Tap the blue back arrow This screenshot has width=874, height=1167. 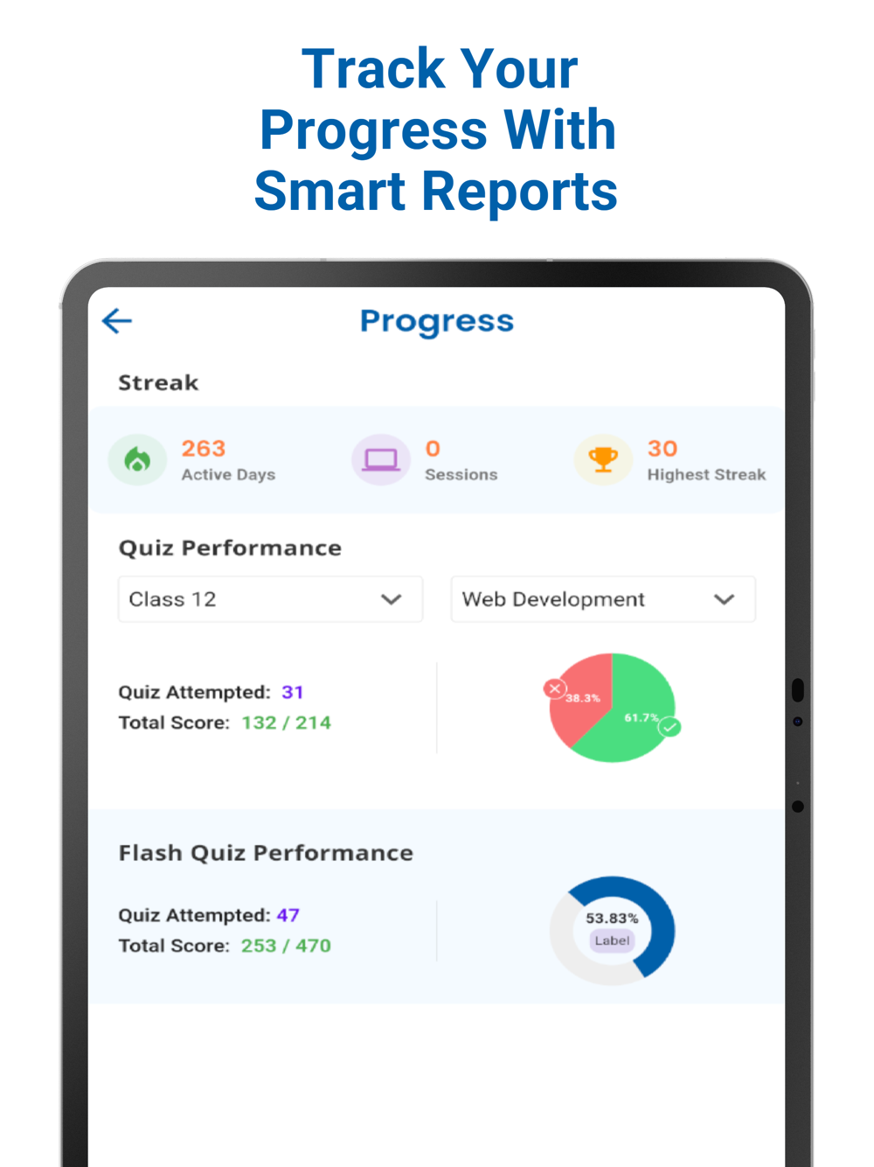coord(117,321)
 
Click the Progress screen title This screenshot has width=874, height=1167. coord(437,322)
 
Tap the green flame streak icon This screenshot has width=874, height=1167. coord(137,459)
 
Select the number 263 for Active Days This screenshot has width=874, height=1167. coord(204,449)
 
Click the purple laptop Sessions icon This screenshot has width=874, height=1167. coord(381,459)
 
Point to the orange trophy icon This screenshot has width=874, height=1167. coord(603,458)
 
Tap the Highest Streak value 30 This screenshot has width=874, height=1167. coord(662,449)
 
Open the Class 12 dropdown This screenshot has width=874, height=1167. coord(270,599)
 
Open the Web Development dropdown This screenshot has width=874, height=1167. coord(602,599)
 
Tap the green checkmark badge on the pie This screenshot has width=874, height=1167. coord(670,727)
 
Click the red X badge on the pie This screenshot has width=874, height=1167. coord(554,688)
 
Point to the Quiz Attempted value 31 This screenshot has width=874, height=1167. coord(293,692)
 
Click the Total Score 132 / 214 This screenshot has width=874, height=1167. coord(287,723)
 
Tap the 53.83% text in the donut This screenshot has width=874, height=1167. coord(612,918)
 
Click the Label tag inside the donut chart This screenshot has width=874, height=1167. coord(612,940)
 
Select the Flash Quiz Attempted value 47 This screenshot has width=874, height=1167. coord(288,915)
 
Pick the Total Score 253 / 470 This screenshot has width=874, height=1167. coord(287,946)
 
